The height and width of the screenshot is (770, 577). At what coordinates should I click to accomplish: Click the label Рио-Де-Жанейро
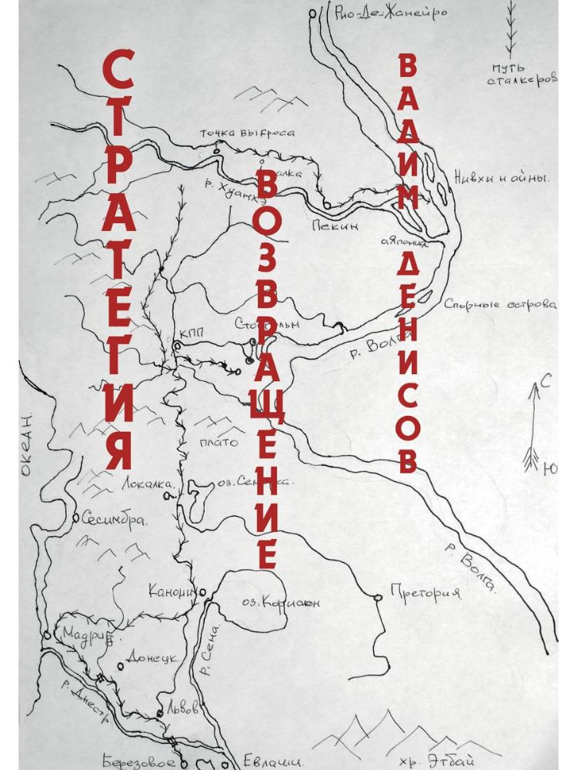[392, 13]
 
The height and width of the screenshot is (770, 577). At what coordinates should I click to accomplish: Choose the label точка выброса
[247, 132]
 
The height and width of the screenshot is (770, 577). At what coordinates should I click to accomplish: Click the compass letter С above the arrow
[544, 379]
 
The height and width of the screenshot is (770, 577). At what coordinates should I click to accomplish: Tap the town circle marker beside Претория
[377, 597]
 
